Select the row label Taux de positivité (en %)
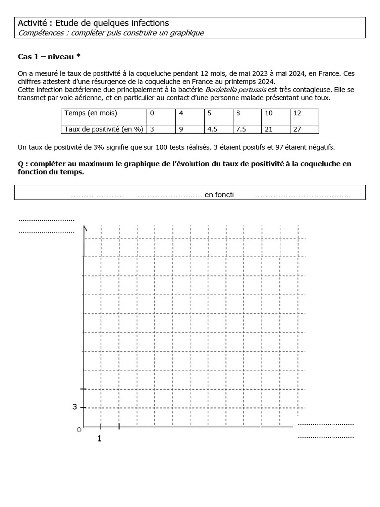(104, 129)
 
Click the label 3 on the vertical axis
(75, 407)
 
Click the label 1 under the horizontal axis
(100, 438)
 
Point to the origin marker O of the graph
(79, 429)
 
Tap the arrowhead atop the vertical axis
(86, 228)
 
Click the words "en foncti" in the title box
(219, 195)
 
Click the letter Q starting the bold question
(21, 164)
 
